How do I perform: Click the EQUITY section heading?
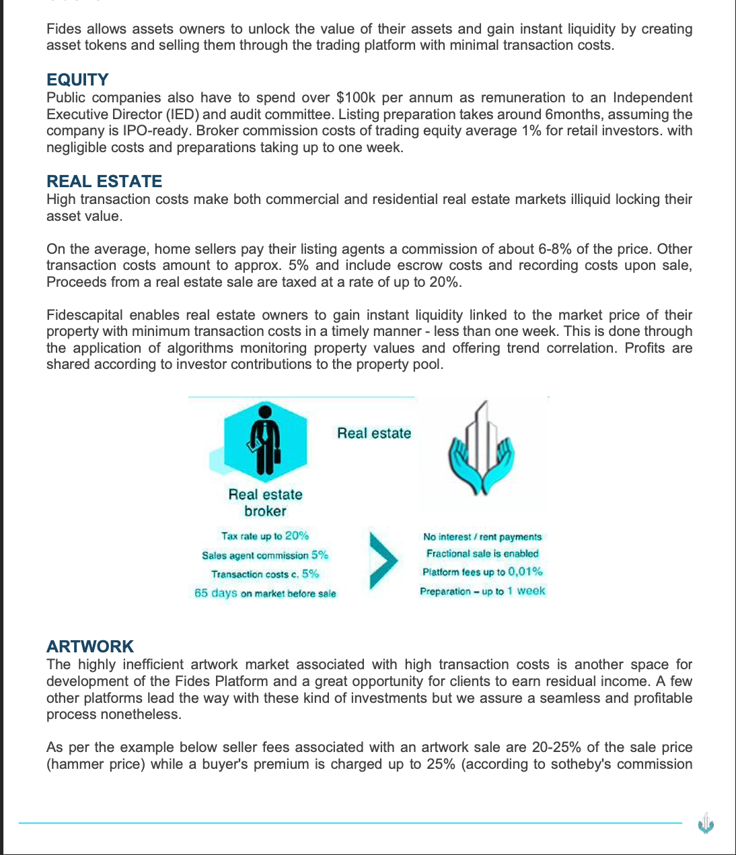[77, 79]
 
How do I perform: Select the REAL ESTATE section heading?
[104, 181]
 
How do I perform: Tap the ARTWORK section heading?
[90, 646]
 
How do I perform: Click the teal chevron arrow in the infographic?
[383, 560]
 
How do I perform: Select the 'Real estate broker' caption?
[265, 503]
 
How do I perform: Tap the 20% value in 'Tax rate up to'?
[297, 536]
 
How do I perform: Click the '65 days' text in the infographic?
[215, 593]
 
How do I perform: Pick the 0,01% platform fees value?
[525, 572]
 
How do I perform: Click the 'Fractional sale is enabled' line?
[482, 553]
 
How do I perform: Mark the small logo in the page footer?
[706, 823]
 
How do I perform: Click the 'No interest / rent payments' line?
[482, 537]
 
